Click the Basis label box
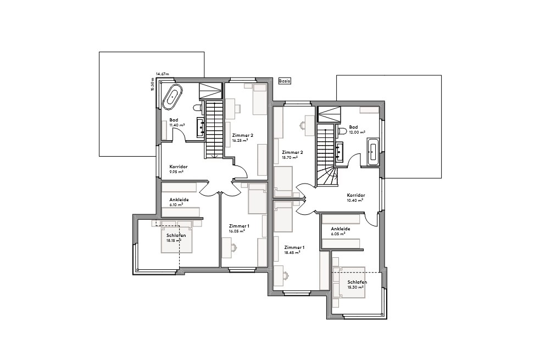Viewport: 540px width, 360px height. point(284,80)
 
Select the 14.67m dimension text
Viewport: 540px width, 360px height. point(162,74)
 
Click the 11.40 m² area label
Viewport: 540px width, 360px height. point(177,125)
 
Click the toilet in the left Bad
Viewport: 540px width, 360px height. point(198,108)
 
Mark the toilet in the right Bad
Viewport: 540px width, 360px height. point(341,131)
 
